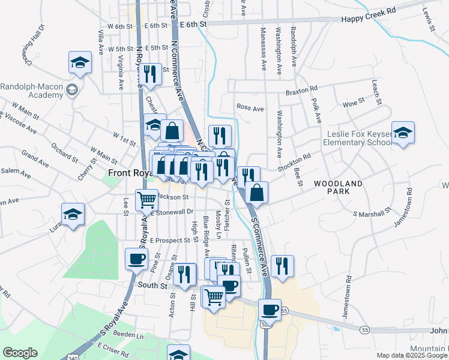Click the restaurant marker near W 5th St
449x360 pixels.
pos(150,74)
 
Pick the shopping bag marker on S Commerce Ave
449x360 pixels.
pos(256,192)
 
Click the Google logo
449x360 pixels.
pos(19,353)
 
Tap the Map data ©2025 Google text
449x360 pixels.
pos(411,356)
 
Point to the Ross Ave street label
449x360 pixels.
pos(250,108)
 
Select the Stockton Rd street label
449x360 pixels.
pos(298,159)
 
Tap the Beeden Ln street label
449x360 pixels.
pos(118,333)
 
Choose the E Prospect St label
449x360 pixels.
pos(169,240)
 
